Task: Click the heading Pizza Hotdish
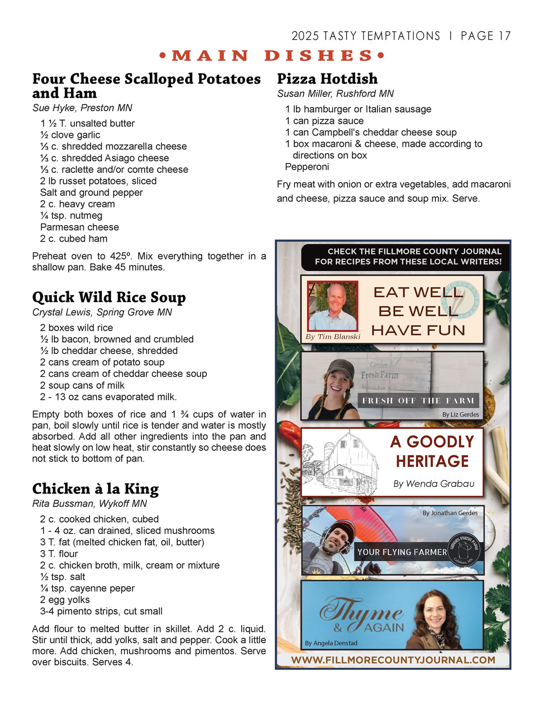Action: click(x=327, y=79)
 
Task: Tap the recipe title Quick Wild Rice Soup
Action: click(x=109, y=297)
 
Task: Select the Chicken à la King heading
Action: click(x=95, y=489)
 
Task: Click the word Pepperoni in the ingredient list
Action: click(x=307, y=167)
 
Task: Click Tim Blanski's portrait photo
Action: click(x=333, y=306)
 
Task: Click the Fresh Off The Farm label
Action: click(x=418, y=400)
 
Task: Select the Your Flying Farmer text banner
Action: click(x=402, y=552)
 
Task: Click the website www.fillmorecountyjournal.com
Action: click(x=393, y=660)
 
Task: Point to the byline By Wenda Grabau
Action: click(x=433, y=484)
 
